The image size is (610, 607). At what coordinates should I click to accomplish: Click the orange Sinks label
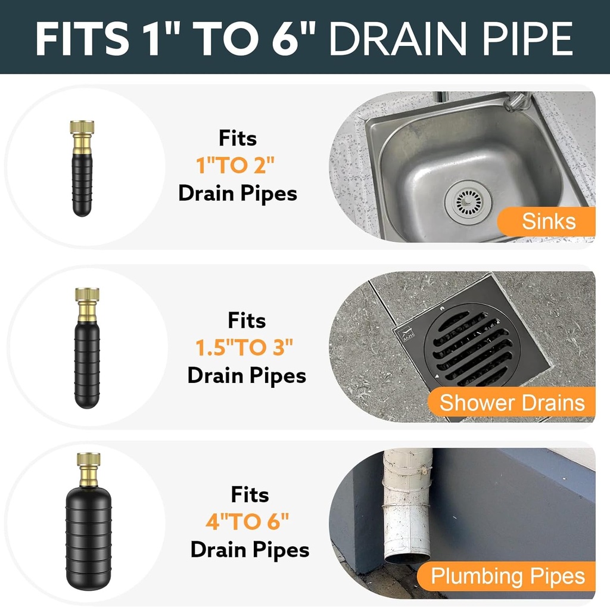[548, 222]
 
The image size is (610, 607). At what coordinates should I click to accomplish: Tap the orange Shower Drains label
[512, 403]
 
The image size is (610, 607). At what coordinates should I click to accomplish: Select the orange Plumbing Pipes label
[507, 576]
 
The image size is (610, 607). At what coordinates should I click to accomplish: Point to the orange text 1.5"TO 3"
[245, 348]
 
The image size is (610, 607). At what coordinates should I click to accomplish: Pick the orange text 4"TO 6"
[247, 522]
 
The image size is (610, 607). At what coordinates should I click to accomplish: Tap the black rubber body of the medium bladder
[87, 366]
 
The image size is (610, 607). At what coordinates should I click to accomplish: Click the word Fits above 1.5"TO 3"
[247, 320]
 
